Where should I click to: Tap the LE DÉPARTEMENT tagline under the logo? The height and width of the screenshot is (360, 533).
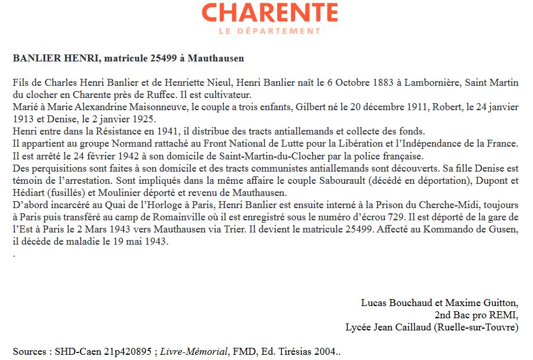pyautogui.click(x=270, y=31)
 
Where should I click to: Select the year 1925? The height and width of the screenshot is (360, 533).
pyautogui.click(x=142, y=119)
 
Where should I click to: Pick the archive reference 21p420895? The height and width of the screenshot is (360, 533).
pyautogui.click(x=126, y=351)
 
